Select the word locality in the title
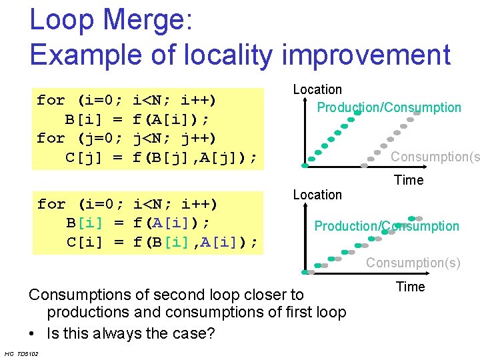click(x=218, y=55)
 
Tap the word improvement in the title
click(x=366, y=55)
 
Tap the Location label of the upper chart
click(x=317, y=89)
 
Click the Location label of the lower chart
click(x=317, y=195)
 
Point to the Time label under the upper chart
click(x=409, y=180)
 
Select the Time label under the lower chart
click(x=410, y=287)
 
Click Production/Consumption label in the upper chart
click(x=389, y=107)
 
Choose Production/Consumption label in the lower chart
click(x=387, y=226)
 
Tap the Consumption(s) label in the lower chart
click(x=413, y=263)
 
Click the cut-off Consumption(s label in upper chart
click(x=435, y=157)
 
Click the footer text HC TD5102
click(x=21, y=353)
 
